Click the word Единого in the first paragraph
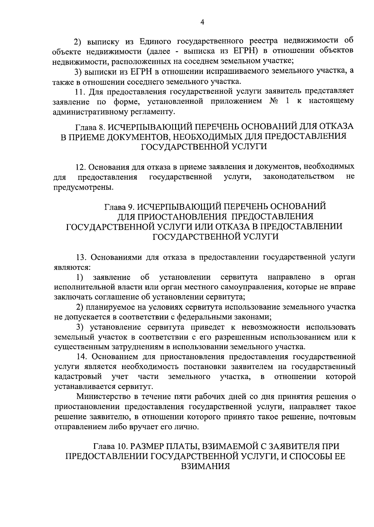pyautogui.click(x=154, y=41)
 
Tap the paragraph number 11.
pyautogui.click(x=80, y=92)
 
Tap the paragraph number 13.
pyautogui.click(x=82, y=257)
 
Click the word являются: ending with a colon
pyautogui.click(x=72, y=267)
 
